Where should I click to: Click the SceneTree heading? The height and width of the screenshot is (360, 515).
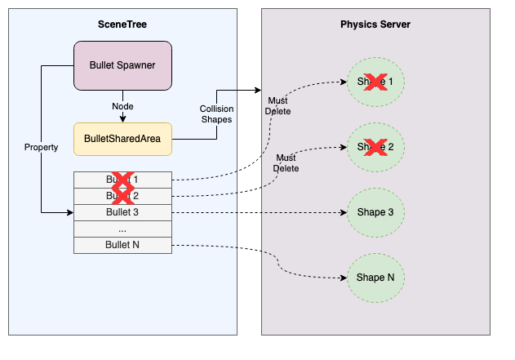click(122, 25)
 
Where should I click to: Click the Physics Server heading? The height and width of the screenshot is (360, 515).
click(375, 24)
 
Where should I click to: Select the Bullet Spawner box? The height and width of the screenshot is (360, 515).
click(122, 64)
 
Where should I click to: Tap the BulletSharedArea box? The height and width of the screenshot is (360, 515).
click(122, 139)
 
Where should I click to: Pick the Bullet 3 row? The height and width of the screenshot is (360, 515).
click(122, 212)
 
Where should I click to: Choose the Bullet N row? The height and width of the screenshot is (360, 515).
click(122, 245)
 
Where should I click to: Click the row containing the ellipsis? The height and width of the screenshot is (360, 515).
click(122, 229)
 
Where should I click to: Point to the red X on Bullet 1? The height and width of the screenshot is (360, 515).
click(122, 180)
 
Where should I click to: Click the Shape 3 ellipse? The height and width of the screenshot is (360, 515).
click(375, 212)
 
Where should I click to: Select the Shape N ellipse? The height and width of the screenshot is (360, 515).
click(375, 278)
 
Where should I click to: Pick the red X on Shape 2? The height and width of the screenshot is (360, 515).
click(375, 147)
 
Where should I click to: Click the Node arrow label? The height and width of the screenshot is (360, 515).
click(122, 106)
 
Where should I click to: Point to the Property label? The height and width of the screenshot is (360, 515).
click(41, 147)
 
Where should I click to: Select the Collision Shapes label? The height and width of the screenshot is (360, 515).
click(215, 113)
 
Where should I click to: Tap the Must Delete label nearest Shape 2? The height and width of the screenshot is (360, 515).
click(286, 162)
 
